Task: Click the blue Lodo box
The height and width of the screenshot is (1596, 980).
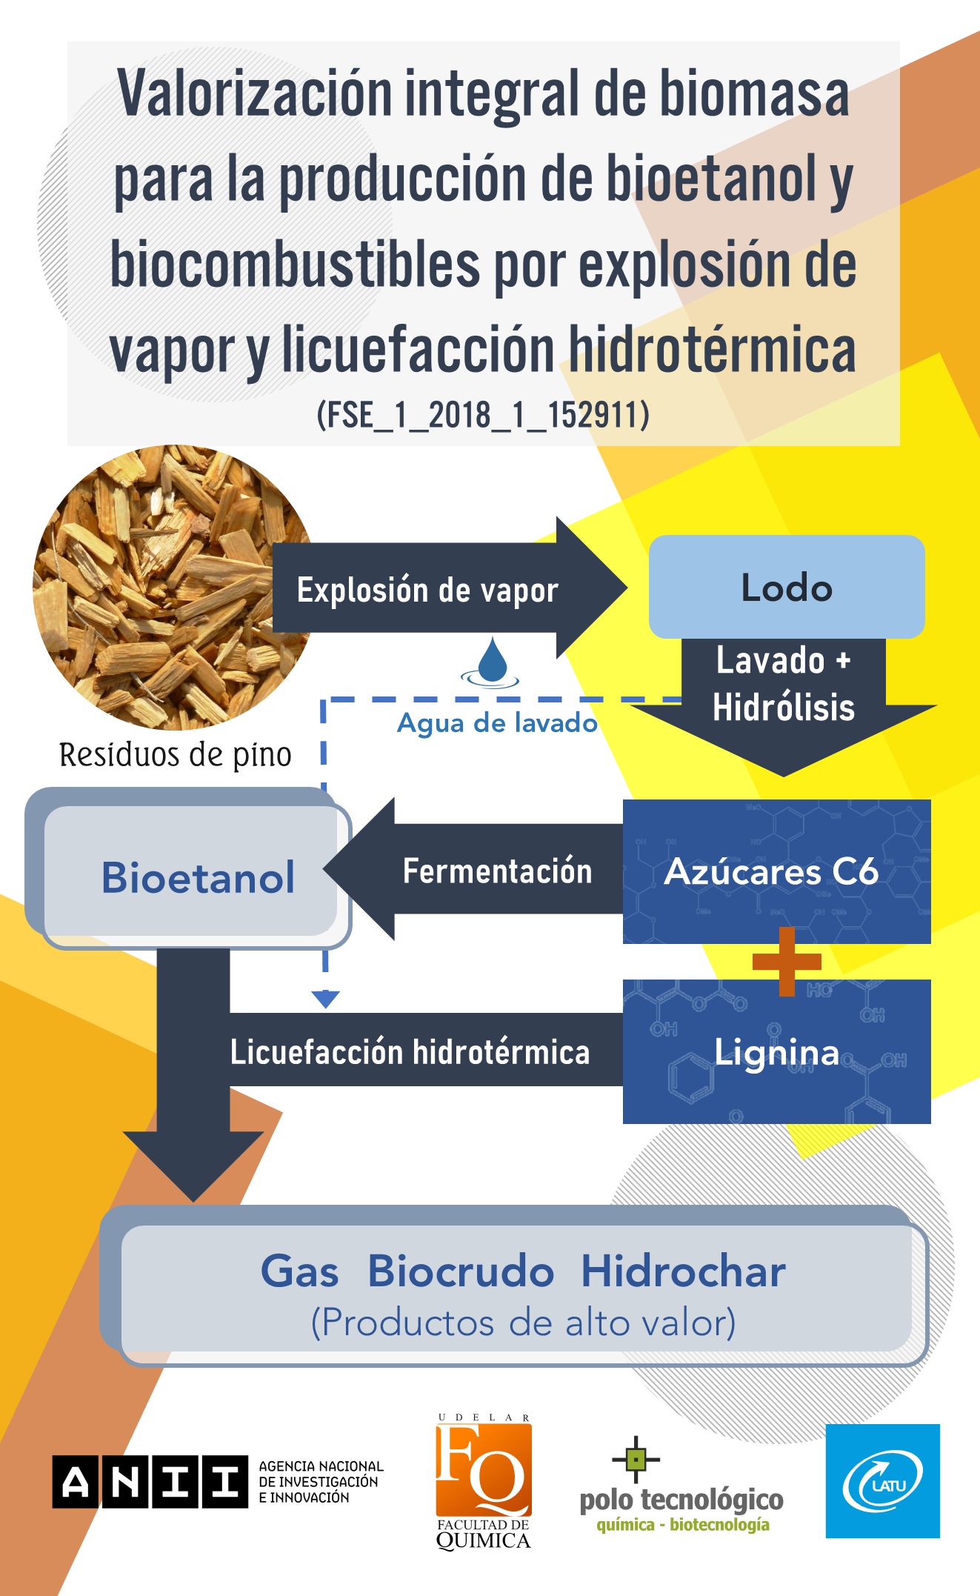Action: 787,587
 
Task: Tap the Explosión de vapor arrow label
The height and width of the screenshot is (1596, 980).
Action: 427,591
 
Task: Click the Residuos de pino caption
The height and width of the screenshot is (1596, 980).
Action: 176,755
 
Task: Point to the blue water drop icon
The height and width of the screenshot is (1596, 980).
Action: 492,661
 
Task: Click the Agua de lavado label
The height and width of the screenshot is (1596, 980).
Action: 497,722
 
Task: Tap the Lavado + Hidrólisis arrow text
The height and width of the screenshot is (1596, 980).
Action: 784,684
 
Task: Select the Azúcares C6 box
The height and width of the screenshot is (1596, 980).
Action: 776,871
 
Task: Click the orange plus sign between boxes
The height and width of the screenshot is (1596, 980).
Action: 787,961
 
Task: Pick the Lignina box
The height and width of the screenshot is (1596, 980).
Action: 776,1052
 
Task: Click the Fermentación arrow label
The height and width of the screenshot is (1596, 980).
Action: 497,871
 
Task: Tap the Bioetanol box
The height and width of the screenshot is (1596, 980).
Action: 198,877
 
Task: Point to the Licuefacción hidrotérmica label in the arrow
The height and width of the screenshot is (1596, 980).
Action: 410,1052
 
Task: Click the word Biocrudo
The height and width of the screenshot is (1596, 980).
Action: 461,1271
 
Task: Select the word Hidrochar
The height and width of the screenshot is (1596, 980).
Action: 683,1271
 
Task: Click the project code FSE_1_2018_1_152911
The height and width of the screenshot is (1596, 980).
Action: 483,415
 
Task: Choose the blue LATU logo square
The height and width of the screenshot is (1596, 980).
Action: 883,1481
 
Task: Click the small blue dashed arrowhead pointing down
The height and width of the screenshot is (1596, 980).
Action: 325,999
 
